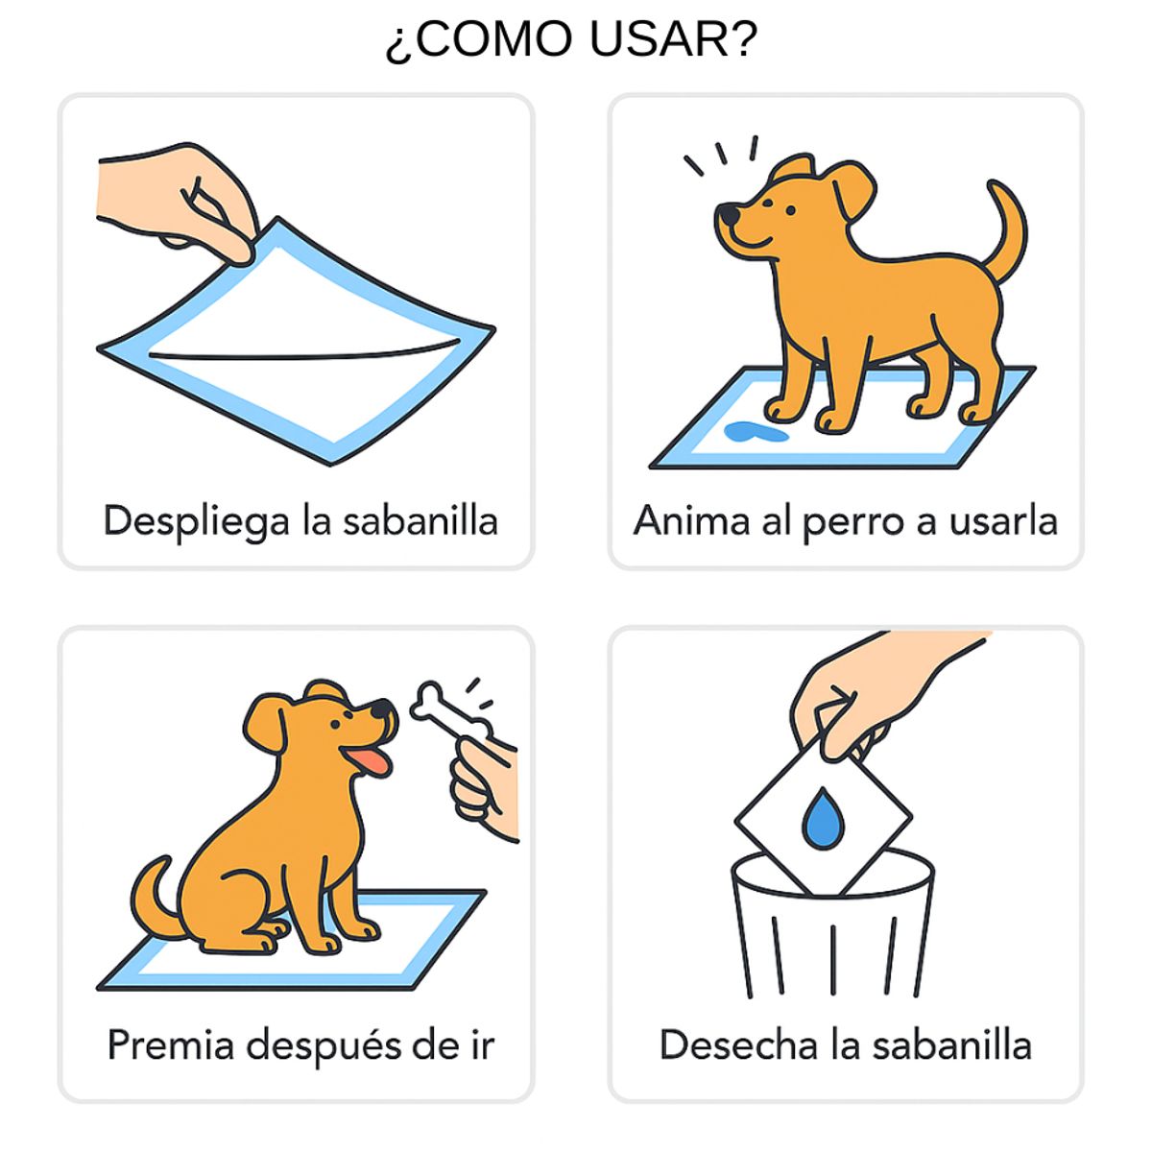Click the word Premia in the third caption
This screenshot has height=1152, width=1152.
[x=170, y=1044]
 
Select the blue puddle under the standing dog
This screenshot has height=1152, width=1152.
[x=755, y=432]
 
